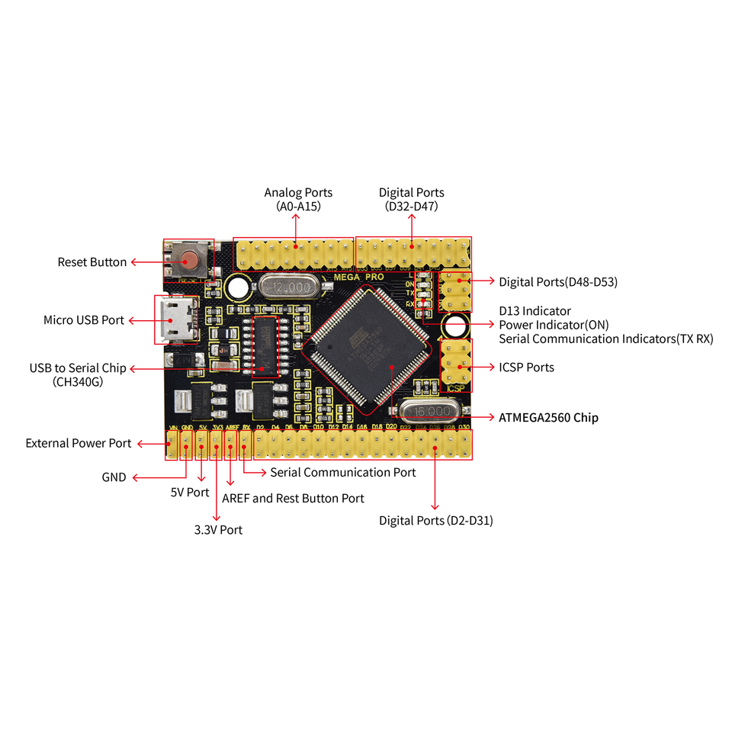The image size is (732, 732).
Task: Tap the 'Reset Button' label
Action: click(x=92, y=262)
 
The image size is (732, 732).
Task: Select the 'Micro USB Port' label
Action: click(x=84, y=320)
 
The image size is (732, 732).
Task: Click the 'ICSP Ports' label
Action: click(x=527, y=368)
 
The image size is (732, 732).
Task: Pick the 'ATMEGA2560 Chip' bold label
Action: click(x=548, y=418)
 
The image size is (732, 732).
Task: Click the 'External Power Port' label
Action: click(x=79, y=443)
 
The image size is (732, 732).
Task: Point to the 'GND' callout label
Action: click(x=114, y=477)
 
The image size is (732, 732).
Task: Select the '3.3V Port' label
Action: click(x=218, y=529)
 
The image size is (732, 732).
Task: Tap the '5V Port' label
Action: click(x=190, y=493)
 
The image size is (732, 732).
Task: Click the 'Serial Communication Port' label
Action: click(x=343, y=473)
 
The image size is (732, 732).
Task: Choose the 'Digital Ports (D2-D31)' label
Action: click(x=436, y=521)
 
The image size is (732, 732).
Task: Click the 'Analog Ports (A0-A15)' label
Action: click(x=298, y=199)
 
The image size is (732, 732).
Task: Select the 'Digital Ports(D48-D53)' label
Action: click(x=558, y=282)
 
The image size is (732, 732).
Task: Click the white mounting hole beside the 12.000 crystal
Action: click(x=238, y=287)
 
